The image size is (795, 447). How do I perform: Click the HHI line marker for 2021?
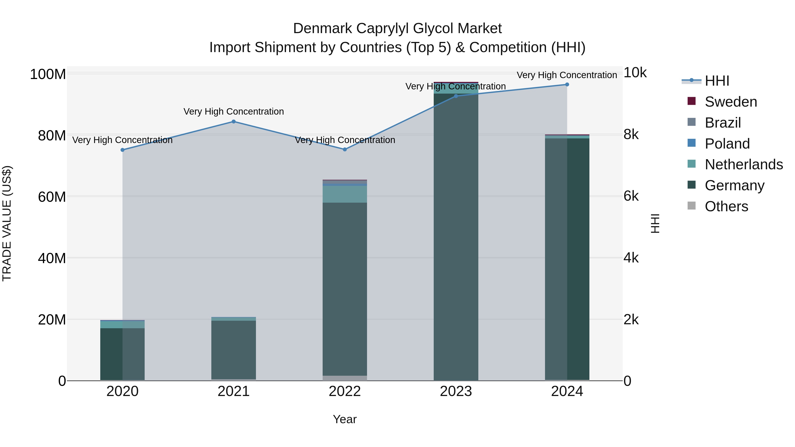(x=234, y=122)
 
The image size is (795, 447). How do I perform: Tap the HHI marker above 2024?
(x=567, y=85)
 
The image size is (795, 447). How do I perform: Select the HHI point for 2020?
(x=123, y=150)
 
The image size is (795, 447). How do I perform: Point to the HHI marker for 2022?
(x=345, y=150)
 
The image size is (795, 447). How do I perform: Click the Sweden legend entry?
(x=731, y=102)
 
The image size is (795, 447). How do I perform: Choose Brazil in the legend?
(x=723, y=123)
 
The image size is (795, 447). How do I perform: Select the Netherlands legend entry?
(x=744, y=164)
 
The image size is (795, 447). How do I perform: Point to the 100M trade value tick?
(x=48, y=74)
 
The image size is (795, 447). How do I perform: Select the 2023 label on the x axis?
(x=456, y=391)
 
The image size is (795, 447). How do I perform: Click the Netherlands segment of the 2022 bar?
(x=345, y=194)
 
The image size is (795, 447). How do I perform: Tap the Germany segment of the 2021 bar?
(x=234, y=350)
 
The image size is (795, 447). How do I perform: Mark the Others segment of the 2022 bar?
(x=345, y=378)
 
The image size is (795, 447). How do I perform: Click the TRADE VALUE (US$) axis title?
(x=7, y=223)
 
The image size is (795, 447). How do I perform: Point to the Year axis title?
(x=345, y=419)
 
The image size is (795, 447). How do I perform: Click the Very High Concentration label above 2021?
(x=234, y=111)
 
